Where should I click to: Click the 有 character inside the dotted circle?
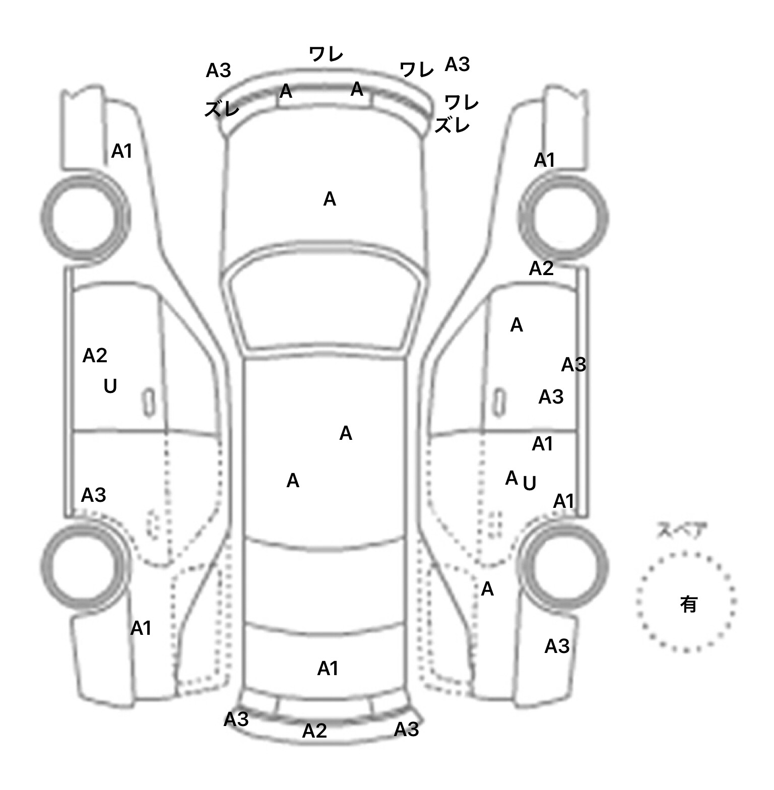click(x=688, y=604)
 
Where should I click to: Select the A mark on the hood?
click(x=330, y=200)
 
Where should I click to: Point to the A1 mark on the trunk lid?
click(x=328, y=669)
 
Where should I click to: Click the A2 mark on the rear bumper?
click(x=314, y=731)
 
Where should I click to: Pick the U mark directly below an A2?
click(x=110, y=386)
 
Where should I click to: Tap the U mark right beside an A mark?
click(x=529, y=484)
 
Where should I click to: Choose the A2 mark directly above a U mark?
click(x=95, y=356)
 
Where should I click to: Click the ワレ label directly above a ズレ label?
click(x=462, y=103)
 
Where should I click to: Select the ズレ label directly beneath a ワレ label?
click(x=452, y=125)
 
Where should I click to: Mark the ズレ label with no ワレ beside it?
click(x=222, y=109)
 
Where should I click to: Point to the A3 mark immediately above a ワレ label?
click(x=458, y=64)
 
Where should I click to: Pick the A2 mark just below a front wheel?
click(x=541, y=269)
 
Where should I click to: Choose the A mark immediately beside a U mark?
click(x=511, y=477)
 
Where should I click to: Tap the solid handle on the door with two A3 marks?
click(x=499, y=402)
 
